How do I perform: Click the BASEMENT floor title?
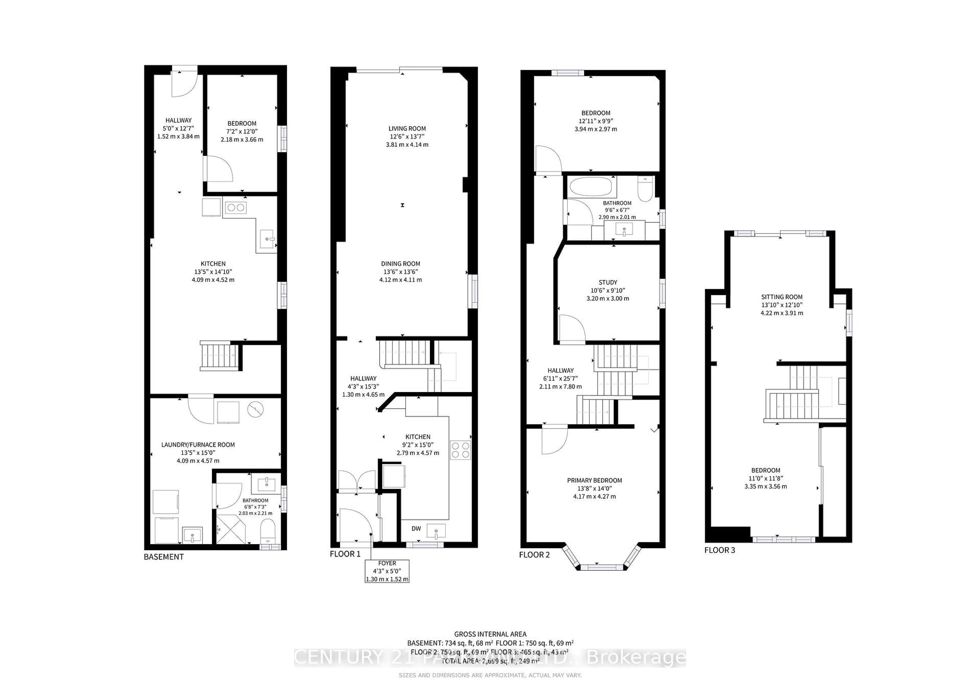point(164,557)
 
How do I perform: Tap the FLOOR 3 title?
point(720,550)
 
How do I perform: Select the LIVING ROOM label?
point(407,128)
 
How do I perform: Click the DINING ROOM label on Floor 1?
point(400,264)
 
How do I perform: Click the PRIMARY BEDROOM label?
point(594,480)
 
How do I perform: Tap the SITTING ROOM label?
point(781,297)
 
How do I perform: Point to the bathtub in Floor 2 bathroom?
point(591,187)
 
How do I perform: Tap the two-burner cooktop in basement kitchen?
point(236,208)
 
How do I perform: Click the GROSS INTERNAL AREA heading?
point(490,634)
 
